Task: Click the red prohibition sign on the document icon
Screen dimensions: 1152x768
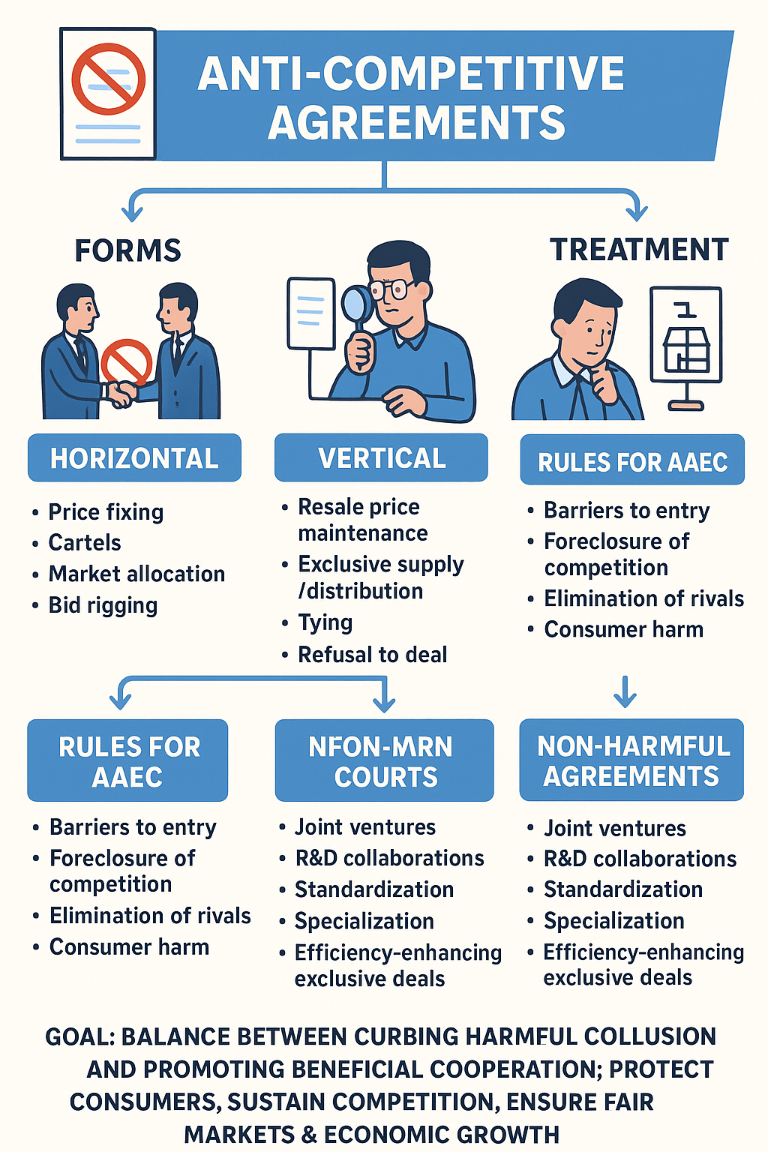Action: (x=108, y=78)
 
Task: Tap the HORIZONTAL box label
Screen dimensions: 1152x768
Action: (x=134, y=458)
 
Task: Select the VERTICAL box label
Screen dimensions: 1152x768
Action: (x=382, y=458)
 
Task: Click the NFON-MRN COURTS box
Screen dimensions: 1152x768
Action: (x=384, y=761)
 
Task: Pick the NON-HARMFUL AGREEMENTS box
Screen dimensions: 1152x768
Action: (x=632, y=760)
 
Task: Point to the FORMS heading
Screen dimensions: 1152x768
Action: (x=128, y=250)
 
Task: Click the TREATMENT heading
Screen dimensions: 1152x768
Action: (x=639, y=250)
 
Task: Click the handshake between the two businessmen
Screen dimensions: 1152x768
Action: (x=121, y=391)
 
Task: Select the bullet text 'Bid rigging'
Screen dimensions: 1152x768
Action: (x=103, y=605)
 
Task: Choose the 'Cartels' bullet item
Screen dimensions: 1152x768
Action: (x=85, y=542)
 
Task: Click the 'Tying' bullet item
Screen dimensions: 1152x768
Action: (x=325, y=622)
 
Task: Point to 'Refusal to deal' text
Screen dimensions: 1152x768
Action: (x=372, y=655)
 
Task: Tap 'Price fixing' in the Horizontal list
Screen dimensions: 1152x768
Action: (x=106, y=511)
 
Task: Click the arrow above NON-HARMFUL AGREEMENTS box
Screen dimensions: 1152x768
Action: (x=625, y=691)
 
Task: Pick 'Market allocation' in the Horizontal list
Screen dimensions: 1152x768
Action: (x=136, y=574)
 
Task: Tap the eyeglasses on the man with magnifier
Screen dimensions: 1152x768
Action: (x=389, y=289)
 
